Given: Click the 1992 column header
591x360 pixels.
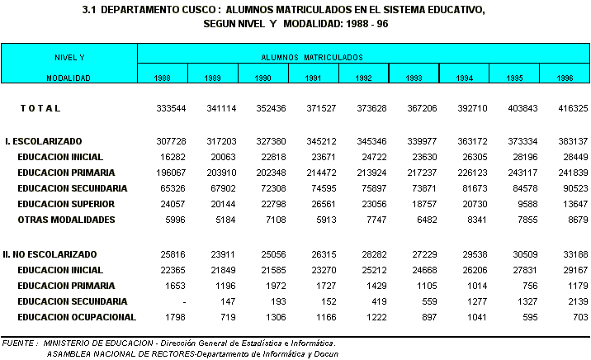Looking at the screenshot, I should click(364, 78).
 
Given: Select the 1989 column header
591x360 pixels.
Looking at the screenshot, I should click(212, 78).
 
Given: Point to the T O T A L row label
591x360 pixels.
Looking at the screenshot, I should click(40, 109).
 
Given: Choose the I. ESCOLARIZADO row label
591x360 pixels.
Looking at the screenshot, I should click(43, 141).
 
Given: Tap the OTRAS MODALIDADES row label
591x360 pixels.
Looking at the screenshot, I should click(65, 220).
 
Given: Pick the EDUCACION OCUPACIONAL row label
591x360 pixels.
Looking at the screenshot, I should click(77, 317).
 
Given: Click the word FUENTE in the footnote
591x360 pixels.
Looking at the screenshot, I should click(18, 342).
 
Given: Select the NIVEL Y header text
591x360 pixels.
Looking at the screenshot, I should click(69, 58).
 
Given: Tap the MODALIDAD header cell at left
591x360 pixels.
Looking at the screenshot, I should click(69, 78).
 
